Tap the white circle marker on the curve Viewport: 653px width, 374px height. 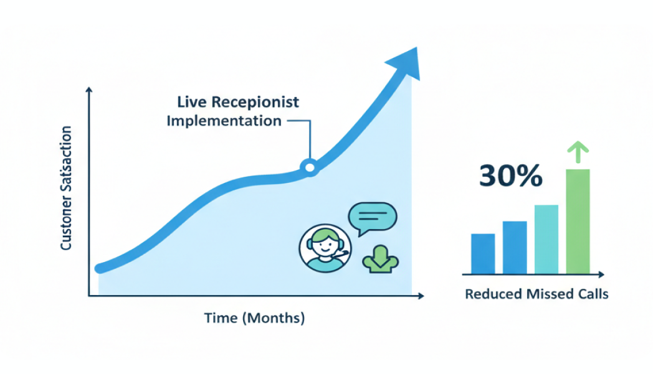[x=308, y=167]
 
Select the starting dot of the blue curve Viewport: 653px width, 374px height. [x=99, y=268]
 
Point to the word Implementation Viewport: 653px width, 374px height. [x=224, y=120]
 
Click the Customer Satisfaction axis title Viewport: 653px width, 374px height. [x=65, y=188]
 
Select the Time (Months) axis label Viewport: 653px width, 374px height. [x=254, y=319]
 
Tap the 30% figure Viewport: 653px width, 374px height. [x=510, y=177]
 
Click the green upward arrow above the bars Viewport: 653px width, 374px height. [x=577, y=151]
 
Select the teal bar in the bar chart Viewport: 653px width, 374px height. [x=546, y=239]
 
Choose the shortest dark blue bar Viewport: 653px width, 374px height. [x=483, y=253]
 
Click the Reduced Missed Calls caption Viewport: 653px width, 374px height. [x=536, y=294]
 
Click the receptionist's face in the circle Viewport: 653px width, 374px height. [x=325, y=245]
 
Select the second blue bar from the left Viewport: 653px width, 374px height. [x=515, y=247]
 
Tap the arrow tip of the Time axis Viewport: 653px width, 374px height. [x=422, y=296]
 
